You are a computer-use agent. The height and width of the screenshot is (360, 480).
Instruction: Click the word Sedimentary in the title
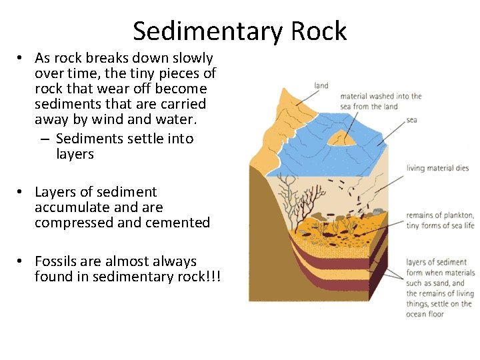click(x=207, y=31)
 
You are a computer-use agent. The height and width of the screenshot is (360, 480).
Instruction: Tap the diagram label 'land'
click(x=321, y=85)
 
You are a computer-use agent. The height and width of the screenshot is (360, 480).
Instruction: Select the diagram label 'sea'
click(x=411, y=120)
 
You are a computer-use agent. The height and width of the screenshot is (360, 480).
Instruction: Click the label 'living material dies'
click(x=437, y=168)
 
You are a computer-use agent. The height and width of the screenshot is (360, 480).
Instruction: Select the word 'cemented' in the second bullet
click(x=181, y=223)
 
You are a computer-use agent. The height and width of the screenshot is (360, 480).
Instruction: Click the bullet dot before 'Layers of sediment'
click(x=21, y=192)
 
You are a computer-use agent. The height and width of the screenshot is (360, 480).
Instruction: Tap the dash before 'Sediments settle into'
click(x=44, y=139)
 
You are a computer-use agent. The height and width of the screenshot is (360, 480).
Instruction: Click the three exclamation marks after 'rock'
click(x=214, y=276)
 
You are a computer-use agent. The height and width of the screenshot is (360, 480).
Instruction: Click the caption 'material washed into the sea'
click(x=381, y=101)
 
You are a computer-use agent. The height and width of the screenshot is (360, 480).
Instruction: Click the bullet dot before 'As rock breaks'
click(x=21, y=58)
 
